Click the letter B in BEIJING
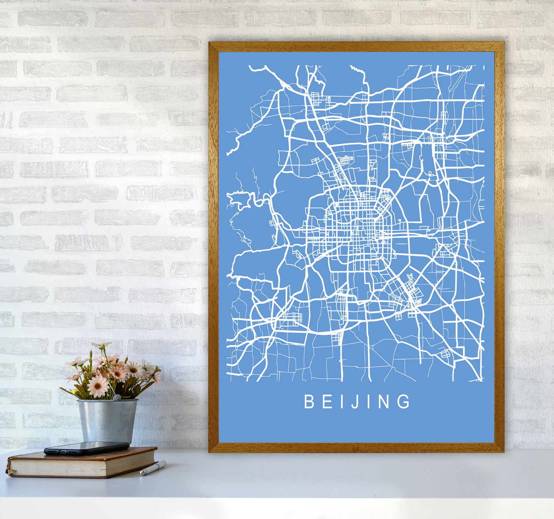(x=309, y=402)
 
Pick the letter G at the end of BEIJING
(x=403, y=402)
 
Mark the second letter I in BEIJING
(x=366, y=402)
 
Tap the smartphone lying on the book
(x=87, y=448)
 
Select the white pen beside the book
(x=153, y=468)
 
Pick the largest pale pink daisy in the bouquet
(x=98, y=386)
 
